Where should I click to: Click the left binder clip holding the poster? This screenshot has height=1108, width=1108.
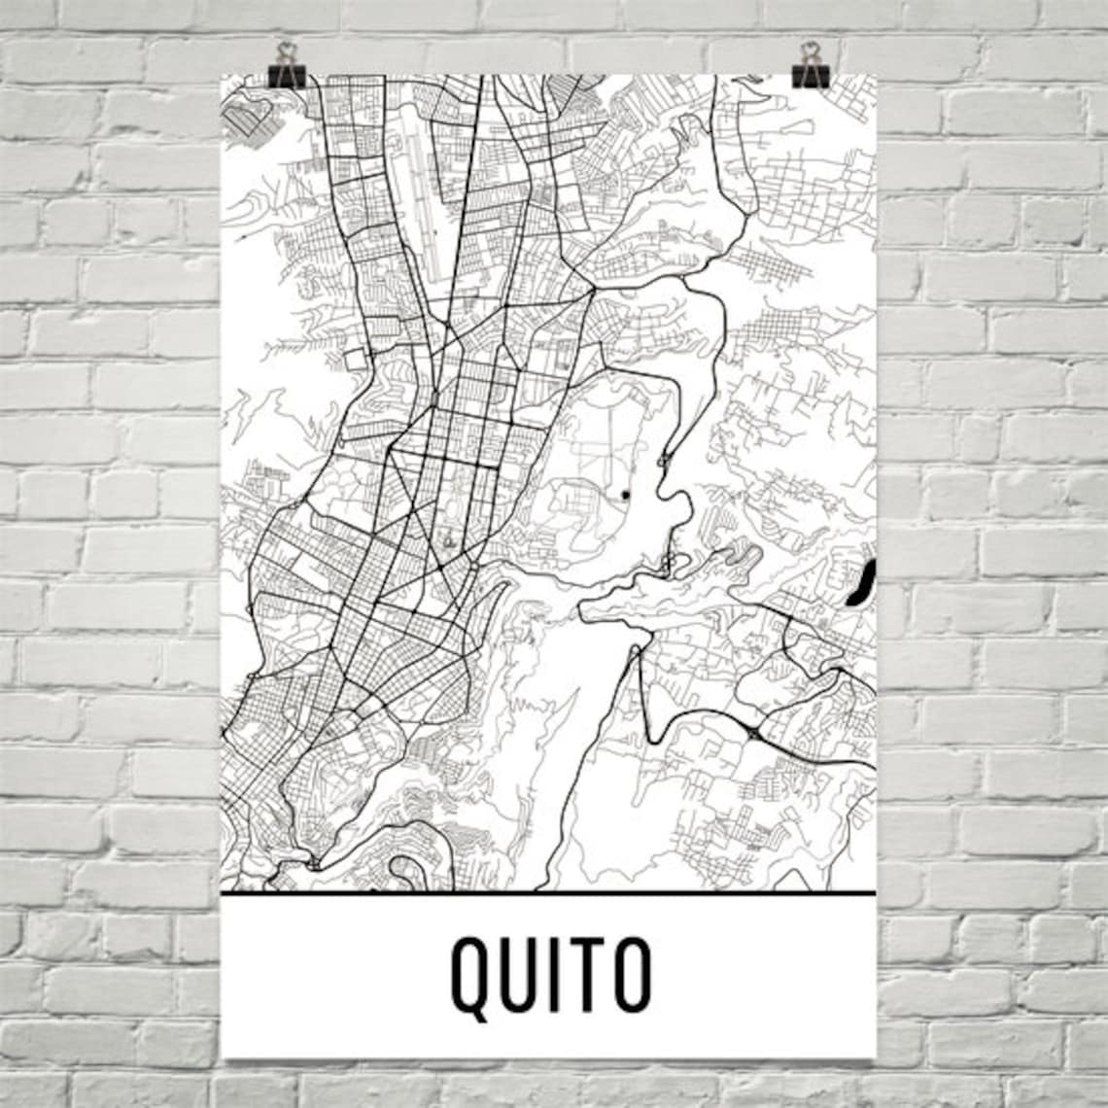[x=286, y=66]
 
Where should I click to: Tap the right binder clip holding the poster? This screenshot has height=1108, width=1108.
[x=810, y=66]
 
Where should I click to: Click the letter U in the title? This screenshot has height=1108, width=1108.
[x=523, y=972]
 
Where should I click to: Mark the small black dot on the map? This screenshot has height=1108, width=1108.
[x=625, y=496]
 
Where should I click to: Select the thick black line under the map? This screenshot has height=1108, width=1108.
[x=548, y=891]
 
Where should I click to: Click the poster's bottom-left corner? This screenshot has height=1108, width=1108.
[x=223, y=1056]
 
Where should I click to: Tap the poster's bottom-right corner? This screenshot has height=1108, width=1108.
[x=875, y=1056]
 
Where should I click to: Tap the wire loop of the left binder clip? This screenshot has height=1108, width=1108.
[x=286, y=52]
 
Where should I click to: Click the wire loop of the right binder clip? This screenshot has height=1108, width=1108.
[x=810, y=52]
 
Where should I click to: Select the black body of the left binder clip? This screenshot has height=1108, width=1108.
[x=286, y=76]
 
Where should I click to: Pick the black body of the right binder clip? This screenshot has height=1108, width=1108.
[x=810, y=76]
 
